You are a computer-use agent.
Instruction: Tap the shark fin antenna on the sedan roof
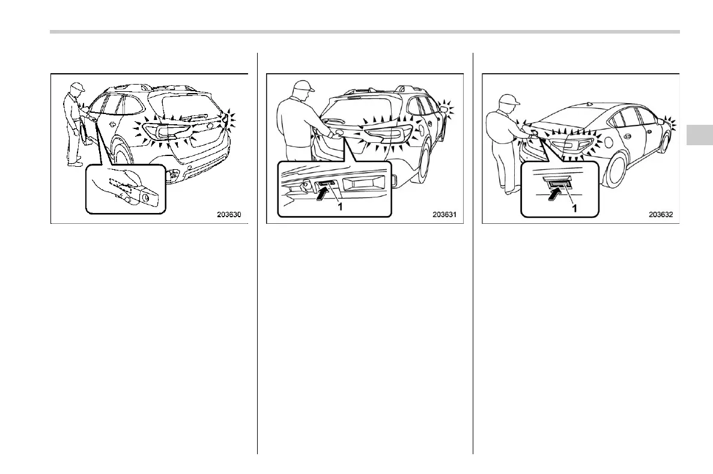tap(590, 103)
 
